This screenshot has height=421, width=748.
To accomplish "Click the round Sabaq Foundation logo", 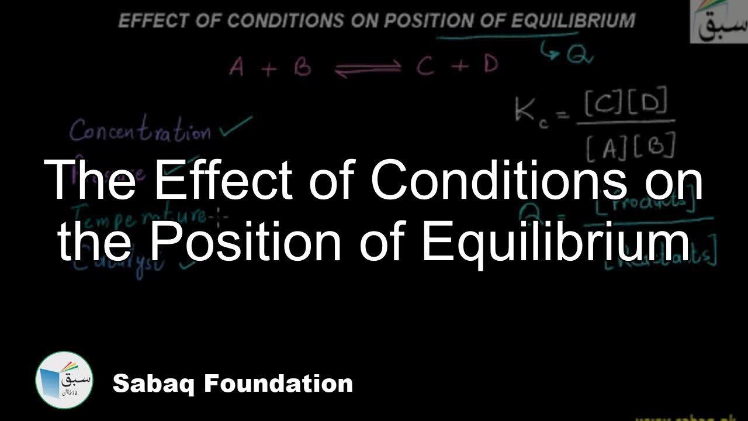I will (64, 380).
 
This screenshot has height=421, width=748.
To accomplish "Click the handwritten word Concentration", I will (140, 131).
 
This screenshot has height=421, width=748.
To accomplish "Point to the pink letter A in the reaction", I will (237, 68).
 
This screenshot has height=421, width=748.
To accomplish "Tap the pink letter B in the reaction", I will (302, 67).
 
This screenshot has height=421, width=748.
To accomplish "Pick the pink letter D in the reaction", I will (491, 64).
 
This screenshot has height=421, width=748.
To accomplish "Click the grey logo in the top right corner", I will (719, 22).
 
